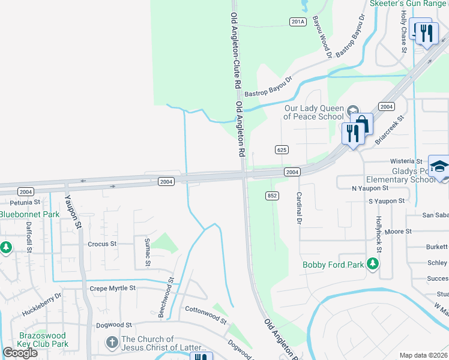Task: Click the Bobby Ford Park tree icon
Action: coord(373,264)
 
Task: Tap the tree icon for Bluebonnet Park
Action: coord(5,247)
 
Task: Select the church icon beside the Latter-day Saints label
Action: coord(112,343)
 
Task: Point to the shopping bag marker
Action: coord(363,124)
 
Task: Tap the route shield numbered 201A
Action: coord(298,22)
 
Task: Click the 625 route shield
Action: coord(282,149)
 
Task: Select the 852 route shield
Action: coord(271,196)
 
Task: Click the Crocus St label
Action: coord(102,244)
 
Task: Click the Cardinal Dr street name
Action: coord(298,208)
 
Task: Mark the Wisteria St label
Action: coord(407,161)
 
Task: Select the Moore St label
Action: coord(398,231)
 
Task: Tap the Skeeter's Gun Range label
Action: coord(408,4)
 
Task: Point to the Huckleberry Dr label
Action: coord(41,305)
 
